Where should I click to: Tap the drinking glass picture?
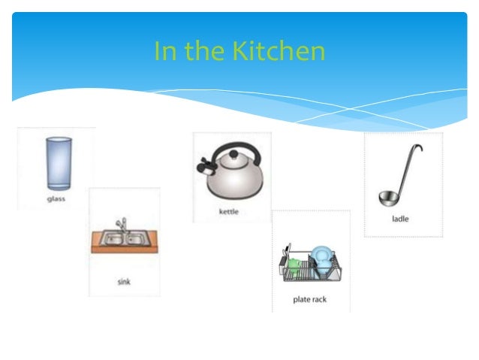tap(56, 162)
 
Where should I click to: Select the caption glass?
tap(56, 199)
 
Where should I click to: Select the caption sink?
tap(124, 281)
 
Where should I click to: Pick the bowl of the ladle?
tap(387, 198)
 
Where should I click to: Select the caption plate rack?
tap(309, 300)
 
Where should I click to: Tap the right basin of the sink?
tap(136, 240)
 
